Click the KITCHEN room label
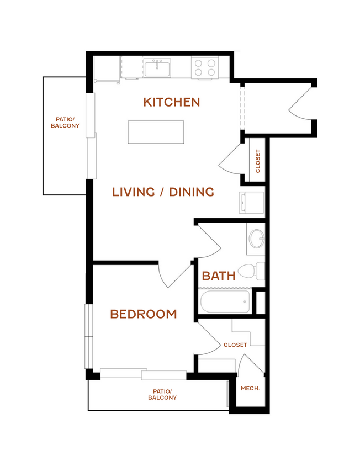(x=172, y=102)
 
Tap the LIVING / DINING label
(x=163, y=192)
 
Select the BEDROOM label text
(x=144, y=314)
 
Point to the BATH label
(x=219, y=276)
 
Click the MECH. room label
(x=250, y=389)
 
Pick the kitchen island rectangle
(x=156, y=133)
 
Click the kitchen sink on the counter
(x=157, y=67)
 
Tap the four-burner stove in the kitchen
(x=205, y=67)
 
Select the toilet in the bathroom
(x=251, y=271)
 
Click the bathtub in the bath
(x=225, y=301)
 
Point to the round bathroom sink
(x=257, y=239)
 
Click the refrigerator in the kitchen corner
(x=107, y=69)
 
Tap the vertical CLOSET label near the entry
(x=257, y=161)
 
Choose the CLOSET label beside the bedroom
(x=235, y=345)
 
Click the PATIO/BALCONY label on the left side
(x=65, y=123)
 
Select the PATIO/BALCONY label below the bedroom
(x=162, y=394)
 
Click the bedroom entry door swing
(x=175, y=275)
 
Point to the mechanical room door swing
(x=250, y=364)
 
